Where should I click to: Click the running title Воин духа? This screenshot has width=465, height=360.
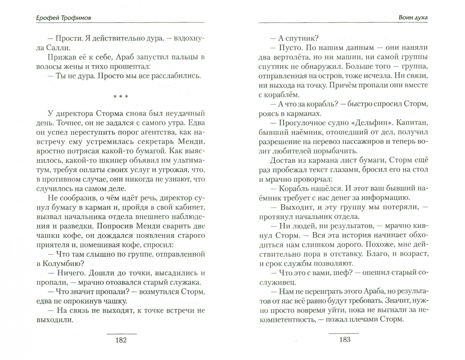tap(413, 17)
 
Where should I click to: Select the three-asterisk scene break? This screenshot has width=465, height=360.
tap(120, 97)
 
